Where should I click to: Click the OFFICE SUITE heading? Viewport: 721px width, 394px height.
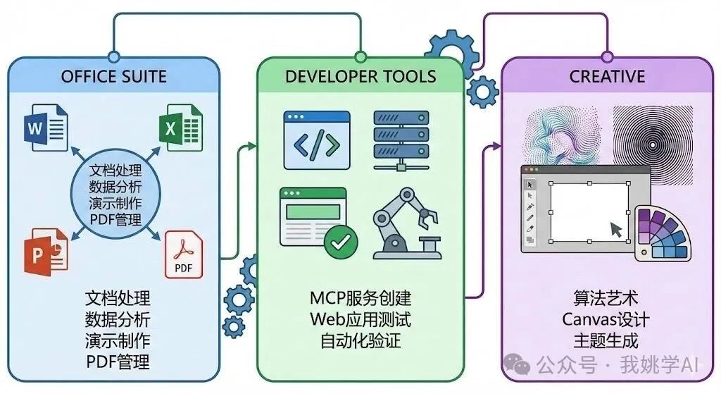click(x=113, y=76)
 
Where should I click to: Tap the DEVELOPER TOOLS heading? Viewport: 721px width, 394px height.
click(x=360, y=76)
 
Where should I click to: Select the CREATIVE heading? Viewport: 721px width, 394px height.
click(x=607, y=76)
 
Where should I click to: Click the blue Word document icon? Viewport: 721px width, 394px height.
click(x=46, y=128)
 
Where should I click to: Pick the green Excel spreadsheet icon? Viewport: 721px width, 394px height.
click(x=181, y=128)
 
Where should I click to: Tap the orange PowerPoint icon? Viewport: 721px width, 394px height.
click(x=46, y=252)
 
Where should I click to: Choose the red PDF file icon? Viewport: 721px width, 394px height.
click(x=184, y=254)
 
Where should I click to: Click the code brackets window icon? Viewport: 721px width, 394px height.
click(x=317, y=140)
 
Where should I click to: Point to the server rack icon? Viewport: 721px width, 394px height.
click(x=401, y=140)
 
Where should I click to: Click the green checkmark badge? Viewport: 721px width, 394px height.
click(x=341, y=242)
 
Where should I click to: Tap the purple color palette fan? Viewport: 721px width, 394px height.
click(x=663, y=234)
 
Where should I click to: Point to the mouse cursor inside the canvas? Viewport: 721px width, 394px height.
click(x=616, y=229)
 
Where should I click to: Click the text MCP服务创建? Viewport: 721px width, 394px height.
click(x=360, y=298)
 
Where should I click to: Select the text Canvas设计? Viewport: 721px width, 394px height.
click(x=606, y=319)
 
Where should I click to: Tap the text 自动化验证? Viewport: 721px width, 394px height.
click(x=360, y=340)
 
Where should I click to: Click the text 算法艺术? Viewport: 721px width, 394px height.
click(x=606, y=298)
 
